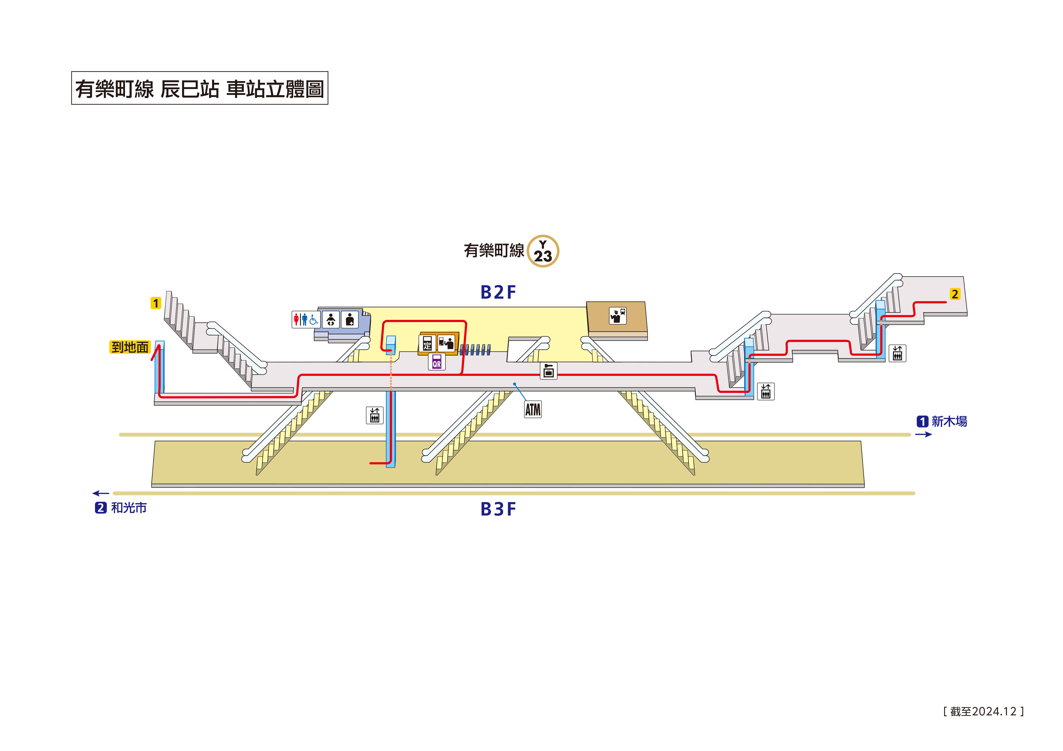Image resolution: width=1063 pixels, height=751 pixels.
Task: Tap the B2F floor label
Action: pos(498,292)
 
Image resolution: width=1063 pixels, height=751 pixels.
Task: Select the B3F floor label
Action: pos(498,509)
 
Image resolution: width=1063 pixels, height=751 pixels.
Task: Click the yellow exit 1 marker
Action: pos(155,303)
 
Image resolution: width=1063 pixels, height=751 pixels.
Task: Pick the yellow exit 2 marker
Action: pos(955,294)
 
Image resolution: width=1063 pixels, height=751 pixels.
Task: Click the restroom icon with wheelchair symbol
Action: pos(305,319)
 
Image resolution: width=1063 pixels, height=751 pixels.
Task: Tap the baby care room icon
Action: pos(330,319)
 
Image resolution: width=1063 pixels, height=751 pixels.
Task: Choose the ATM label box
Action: pos(533,409)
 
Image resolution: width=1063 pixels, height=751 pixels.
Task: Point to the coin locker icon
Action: pos(549,371)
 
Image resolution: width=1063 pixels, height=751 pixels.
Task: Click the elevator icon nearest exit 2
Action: pos(897,354)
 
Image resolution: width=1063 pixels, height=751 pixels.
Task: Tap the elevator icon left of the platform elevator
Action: pos(375,415)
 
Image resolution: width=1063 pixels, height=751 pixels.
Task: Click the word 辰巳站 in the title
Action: pos(190,88)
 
